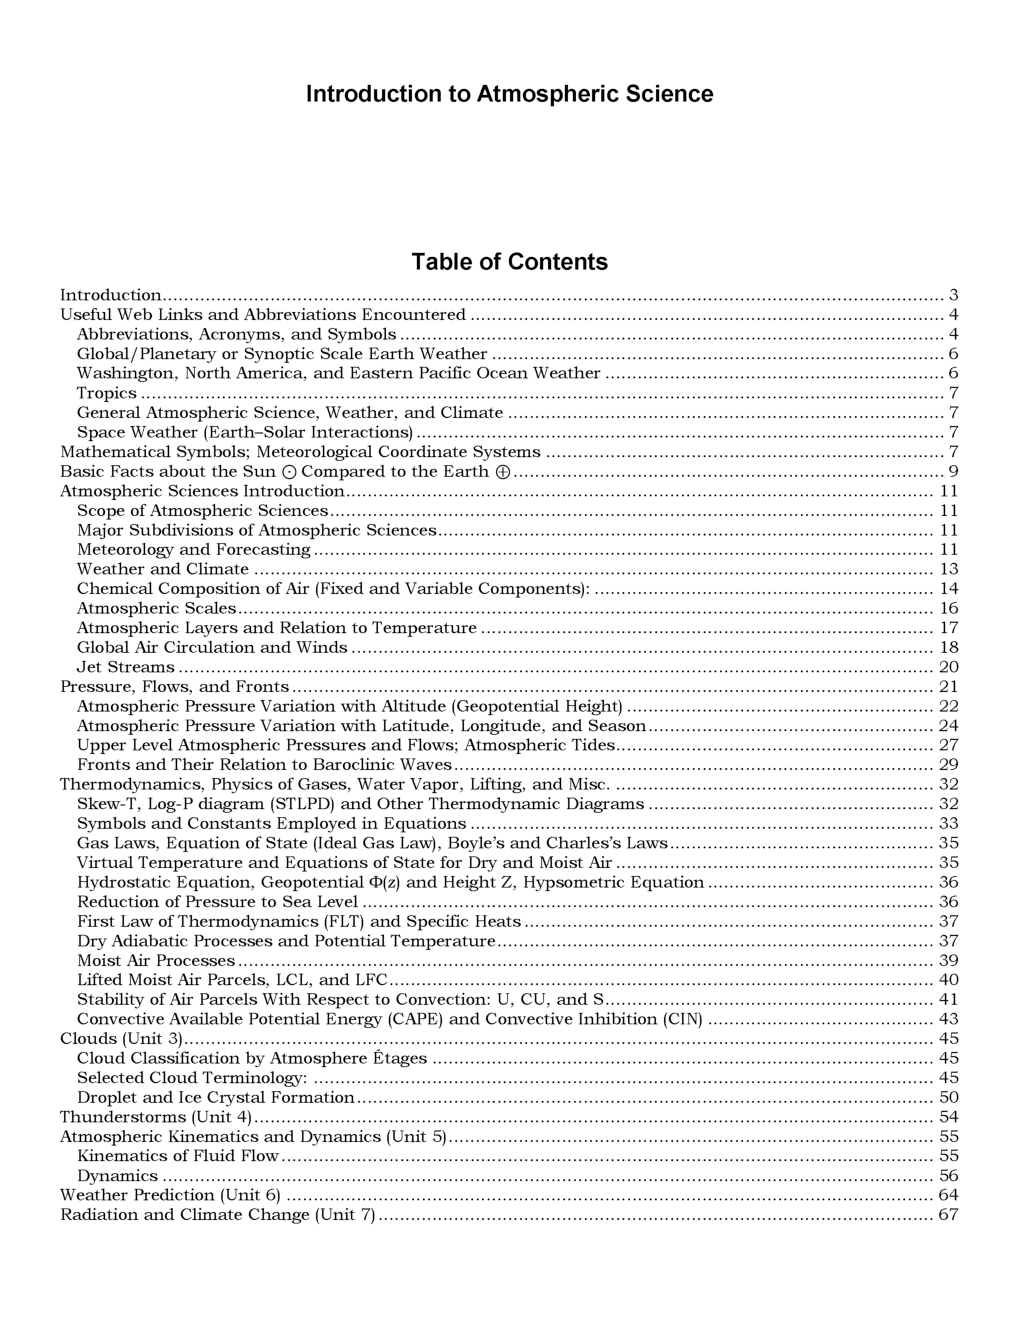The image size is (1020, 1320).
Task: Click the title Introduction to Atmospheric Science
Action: coord(509,94)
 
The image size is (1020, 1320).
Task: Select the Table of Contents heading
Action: coord(509,262)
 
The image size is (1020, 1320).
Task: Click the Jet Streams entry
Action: coord(126,667)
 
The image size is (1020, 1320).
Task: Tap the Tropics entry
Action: coord(107,393)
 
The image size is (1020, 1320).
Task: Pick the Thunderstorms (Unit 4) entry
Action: coord(156,1117)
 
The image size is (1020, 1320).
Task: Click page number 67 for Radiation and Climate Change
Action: coord(948,1215)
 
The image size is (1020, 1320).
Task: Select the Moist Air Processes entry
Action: coord(156,961)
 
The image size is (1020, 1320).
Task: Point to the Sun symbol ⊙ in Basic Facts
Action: coord(288,472)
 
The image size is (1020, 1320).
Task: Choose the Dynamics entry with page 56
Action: coord(118,1176)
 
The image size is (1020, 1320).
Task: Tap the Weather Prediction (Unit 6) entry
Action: coord(170,1195)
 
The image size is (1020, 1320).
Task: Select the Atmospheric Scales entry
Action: coord(157,608)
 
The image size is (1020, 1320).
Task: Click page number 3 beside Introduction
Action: coord(954,295)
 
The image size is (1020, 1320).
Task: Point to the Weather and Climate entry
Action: coord(163,569)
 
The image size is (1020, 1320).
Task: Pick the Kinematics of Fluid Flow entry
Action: coord(178,1156)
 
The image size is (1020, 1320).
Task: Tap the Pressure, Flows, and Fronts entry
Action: coord(175,687)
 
